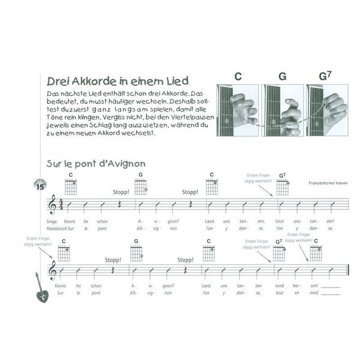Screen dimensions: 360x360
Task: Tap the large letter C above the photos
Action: click(238, 76)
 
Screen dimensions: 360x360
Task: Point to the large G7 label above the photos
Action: click(325, 76)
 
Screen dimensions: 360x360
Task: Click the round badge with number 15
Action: click(40, 185)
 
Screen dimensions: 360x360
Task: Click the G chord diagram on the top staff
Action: click(140, 187)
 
